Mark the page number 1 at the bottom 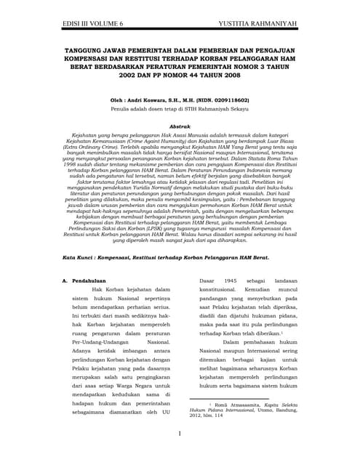[x=180, y=434]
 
